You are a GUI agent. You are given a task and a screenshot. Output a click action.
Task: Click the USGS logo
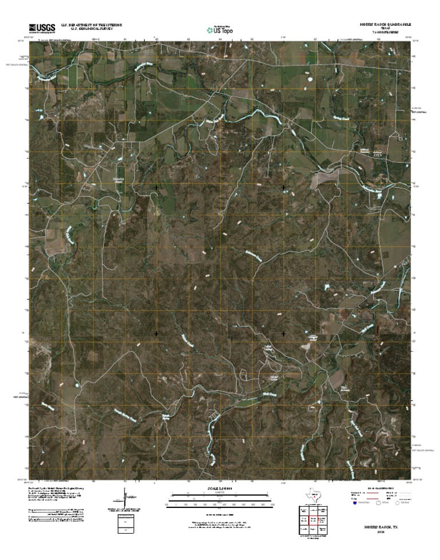39,28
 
